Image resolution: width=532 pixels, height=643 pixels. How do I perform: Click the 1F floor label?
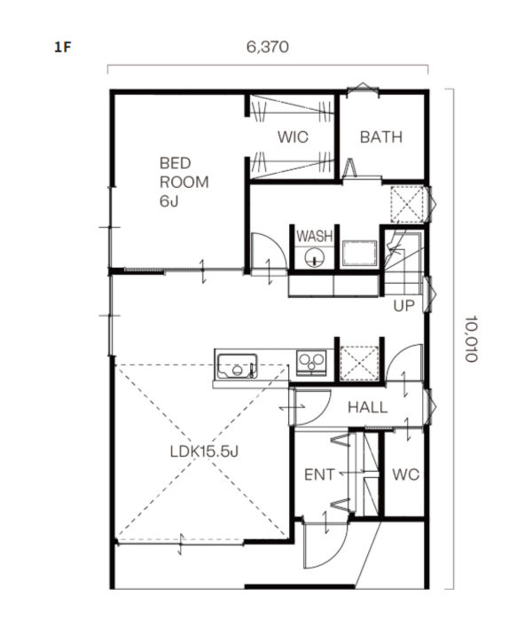point(63,47)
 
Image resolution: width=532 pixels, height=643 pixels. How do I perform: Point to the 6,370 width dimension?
point(267,47)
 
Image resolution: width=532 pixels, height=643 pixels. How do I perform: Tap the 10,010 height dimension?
point(472,338)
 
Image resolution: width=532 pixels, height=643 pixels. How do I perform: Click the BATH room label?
point(380,137)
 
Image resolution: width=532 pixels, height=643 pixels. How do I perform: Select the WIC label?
point(293,137)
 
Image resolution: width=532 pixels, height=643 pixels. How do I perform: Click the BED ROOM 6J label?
point(184,182)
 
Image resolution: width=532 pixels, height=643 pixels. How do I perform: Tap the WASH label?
point(315,236)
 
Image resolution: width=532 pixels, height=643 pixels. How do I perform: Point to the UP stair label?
point(403,305)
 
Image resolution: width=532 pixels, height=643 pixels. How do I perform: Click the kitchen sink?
point(237,365)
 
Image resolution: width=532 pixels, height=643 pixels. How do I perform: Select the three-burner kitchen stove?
point(311,363)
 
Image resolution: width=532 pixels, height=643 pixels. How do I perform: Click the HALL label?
point(367,407)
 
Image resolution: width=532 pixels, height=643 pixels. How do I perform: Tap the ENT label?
point(319,474)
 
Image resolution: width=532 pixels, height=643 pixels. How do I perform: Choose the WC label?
point(405,474)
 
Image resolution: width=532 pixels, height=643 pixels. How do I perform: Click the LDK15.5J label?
point(204,451)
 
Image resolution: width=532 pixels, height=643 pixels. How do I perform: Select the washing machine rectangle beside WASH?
point(359,254)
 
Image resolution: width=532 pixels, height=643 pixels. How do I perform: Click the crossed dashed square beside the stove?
point(359,364)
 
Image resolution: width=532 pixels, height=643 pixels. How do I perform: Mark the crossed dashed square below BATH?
point(407,204)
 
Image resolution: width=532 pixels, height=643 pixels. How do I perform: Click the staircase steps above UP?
point(403,263)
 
